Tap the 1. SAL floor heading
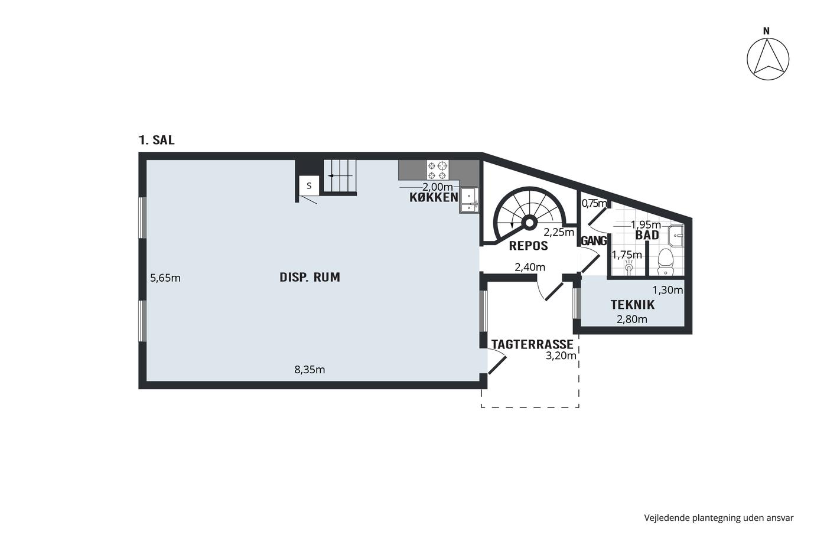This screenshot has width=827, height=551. (156, 140)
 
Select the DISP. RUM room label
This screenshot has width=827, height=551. (310, 277)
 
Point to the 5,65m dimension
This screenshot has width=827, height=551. (165, 278)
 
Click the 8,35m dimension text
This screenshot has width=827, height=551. (310, 370)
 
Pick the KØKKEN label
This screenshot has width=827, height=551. (434, 197)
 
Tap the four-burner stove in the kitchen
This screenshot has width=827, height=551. (438, 170)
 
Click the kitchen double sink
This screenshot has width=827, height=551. (469, 200)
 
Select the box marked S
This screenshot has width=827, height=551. (308, 185)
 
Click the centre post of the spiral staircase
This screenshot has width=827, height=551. (529, 223)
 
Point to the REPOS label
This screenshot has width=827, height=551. (528, 246)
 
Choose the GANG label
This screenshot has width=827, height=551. (594, 241)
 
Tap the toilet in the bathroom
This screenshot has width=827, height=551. (665, 262)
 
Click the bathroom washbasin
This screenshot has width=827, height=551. (676, 235)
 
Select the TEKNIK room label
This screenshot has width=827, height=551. (633, 305)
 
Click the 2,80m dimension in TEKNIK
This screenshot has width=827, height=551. (631, 319)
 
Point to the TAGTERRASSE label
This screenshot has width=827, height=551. (532, 344)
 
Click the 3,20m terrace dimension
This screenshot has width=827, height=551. (561, 356)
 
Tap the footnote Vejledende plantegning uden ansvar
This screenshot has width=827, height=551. (719, 518)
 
